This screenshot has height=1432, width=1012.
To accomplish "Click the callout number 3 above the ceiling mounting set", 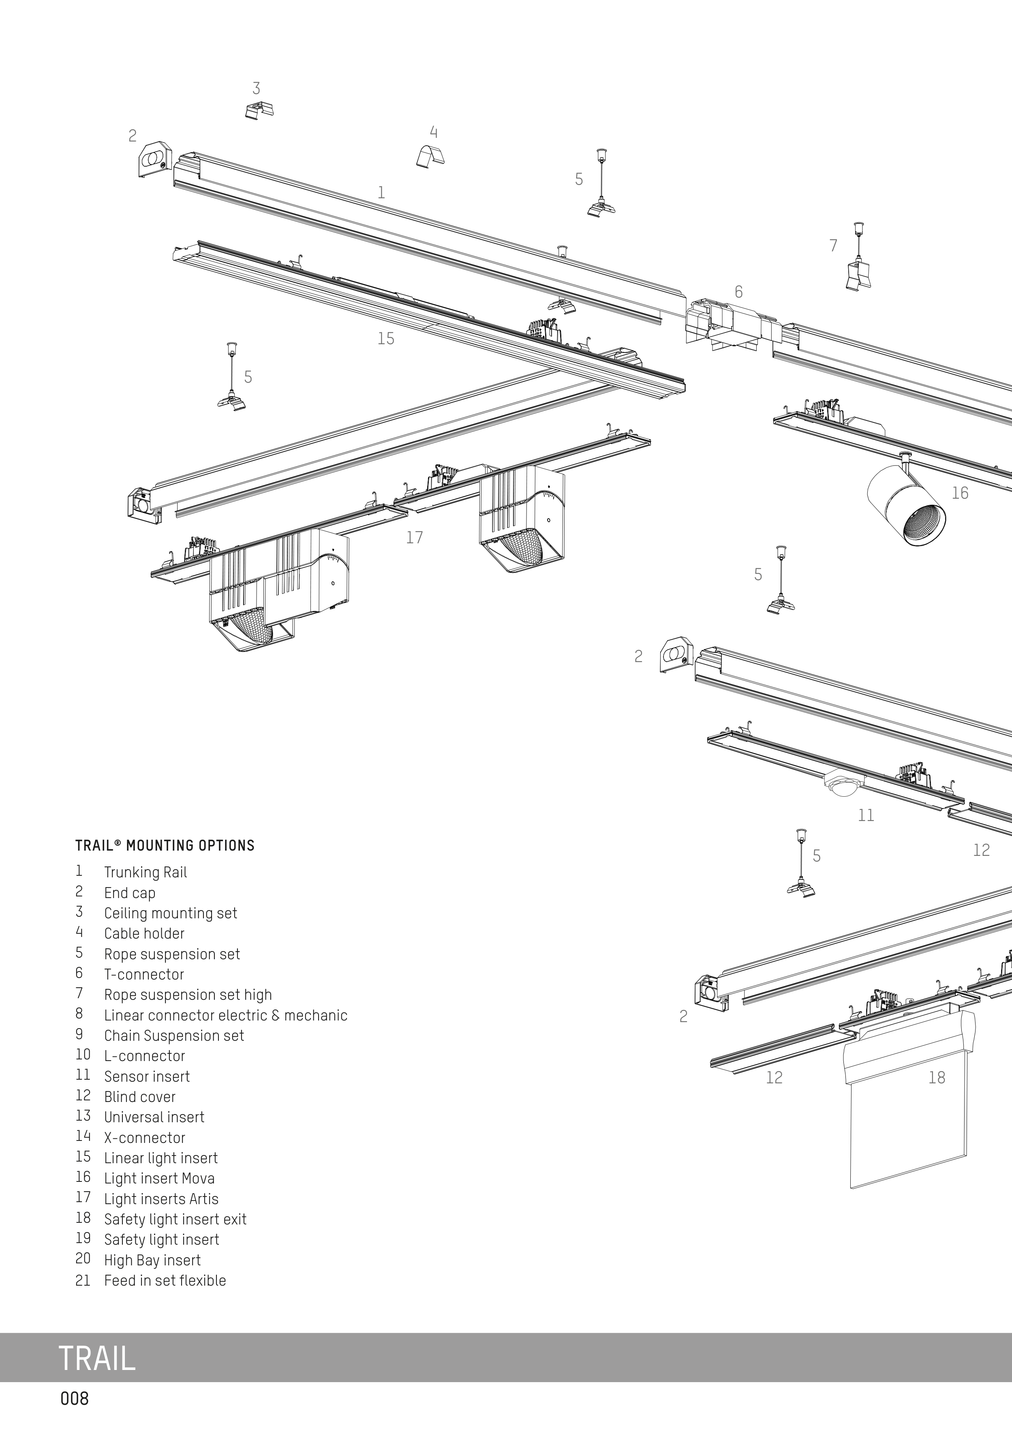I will click(x=256, y=89).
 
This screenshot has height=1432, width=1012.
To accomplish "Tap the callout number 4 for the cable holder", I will click(x=433, y=132).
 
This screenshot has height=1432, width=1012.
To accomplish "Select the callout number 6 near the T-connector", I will click(x=739, y=291).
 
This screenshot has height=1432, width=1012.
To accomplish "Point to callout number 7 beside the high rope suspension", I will click(x=833, y=246).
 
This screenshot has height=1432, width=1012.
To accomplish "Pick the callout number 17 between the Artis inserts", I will click(x=415, y=537).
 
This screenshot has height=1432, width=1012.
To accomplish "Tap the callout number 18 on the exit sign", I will click(x=937, y=1077).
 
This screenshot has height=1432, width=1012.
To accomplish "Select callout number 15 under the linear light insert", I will click(x=386, y=338).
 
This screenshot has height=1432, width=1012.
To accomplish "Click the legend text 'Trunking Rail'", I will click(x=145, y=872).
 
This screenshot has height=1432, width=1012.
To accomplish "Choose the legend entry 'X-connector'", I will click(x=145, y=1138).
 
